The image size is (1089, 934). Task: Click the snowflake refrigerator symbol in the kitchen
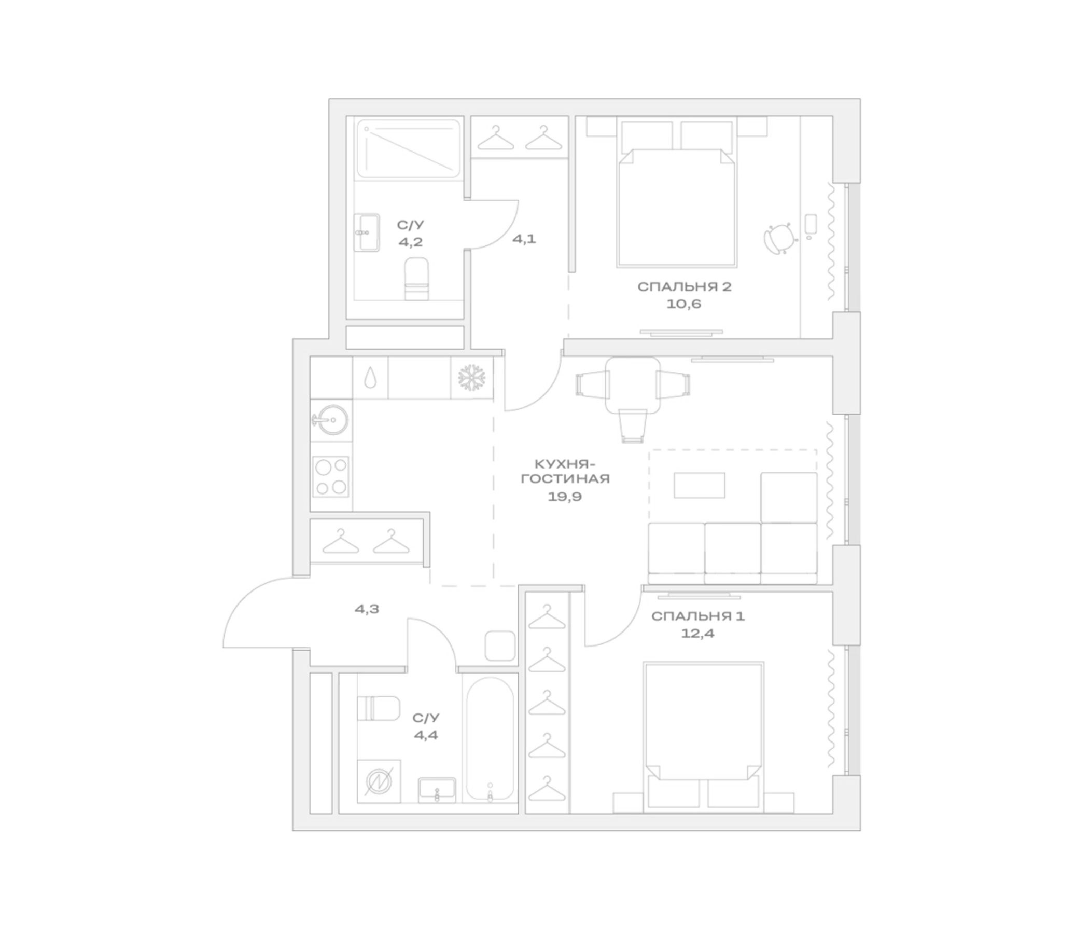(471, 377)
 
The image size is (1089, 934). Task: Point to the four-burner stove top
(331, 476)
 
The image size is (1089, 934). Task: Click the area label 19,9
(565, 497)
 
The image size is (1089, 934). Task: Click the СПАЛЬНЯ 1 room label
(698, 616)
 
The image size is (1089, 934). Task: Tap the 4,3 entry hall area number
(367, 609)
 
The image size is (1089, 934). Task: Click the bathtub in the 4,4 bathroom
(491, 739)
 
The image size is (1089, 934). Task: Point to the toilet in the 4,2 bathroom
(417, 279)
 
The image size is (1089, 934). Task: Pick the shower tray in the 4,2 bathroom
(409, 149)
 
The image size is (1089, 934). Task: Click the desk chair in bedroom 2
(780, 238)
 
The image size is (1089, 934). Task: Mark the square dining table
(633, 385)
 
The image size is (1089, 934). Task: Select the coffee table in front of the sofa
(700, 485)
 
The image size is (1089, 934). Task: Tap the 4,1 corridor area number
(524, 239)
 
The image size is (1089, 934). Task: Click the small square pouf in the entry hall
(500, 646)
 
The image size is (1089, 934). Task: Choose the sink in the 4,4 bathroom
(437, 790)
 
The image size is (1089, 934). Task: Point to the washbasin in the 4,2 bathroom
(366, 232)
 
